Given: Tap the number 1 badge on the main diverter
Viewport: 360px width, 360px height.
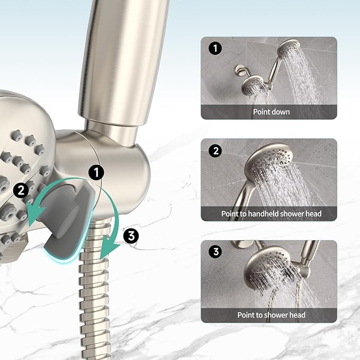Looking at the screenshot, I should [96, 172].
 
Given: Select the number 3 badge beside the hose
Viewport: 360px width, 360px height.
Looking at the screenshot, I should [131, 235].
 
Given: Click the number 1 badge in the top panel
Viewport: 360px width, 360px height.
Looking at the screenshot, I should [215, 49].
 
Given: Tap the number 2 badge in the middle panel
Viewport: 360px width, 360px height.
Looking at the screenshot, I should [215, 151].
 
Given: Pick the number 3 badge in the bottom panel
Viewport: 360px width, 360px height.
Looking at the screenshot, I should [215, 252].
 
